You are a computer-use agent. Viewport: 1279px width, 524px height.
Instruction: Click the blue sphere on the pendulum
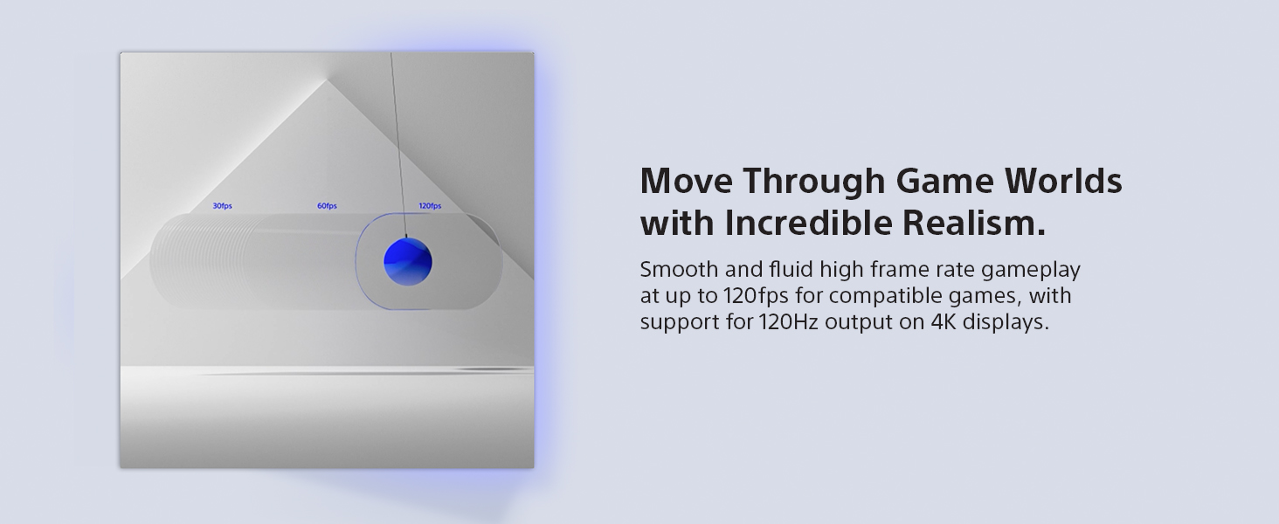[x=408, y=262]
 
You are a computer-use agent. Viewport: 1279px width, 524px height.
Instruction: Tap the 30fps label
[x=223, y=206]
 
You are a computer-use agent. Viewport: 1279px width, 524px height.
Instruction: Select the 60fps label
[x=327, y=206]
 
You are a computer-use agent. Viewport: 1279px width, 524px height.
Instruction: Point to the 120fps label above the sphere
[x=430, y=206]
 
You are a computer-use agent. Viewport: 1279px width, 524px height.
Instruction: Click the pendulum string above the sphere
[x=398, y=145]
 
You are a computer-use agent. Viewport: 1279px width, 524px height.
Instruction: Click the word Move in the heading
[x=687, y=181]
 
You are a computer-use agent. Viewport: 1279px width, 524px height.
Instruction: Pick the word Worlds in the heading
[x=1063, y=181]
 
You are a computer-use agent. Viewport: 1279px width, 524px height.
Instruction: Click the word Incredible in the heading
[x=808, y=223]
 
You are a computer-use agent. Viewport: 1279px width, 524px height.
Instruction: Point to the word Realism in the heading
[x=968, y=223]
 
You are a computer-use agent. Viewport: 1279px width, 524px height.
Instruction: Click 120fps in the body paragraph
[x=756, y=297]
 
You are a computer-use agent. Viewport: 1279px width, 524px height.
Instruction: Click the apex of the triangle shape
[x=327, y=79]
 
